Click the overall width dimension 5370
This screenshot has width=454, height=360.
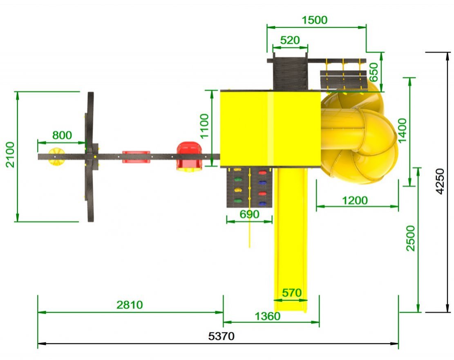(221, 336)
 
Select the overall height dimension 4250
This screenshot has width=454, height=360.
(440, 182)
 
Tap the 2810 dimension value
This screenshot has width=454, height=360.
(130, 305)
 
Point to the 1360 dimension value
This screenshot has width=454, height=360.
(268, 316)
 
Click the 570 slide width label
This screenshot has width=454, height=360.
(292, 293)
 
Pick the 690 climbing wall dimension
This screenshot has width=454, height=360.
(250, 214)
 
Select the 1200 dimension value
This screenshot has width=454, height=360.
(355, 200)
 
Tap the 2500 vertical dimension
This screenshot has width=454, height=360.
(411, 238)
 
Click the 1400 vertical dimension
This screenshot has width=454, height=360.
(403, 131)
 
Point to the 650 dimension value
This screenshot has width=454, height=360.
(374, 72)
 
